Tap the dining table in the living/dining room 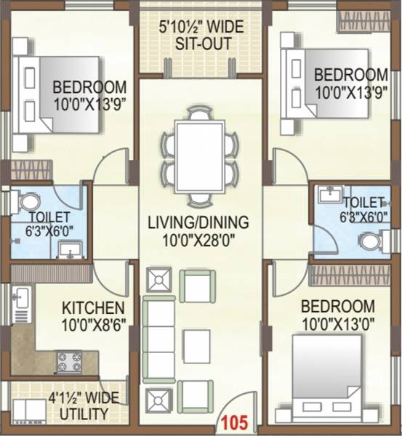[199, 155]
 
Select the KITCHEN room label [92, 307]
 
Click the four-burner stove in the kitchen [70, 361]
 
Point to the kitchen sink [21, 297]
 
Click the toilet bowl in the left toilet [29, 201]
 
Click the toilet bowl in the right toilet [371, 241]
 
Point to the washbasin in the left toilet [69, 250]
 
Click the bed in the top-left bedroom [58, 94]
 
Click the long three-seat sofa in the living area [158, 339]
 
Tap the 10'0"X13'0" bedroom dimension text [338, 320]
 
